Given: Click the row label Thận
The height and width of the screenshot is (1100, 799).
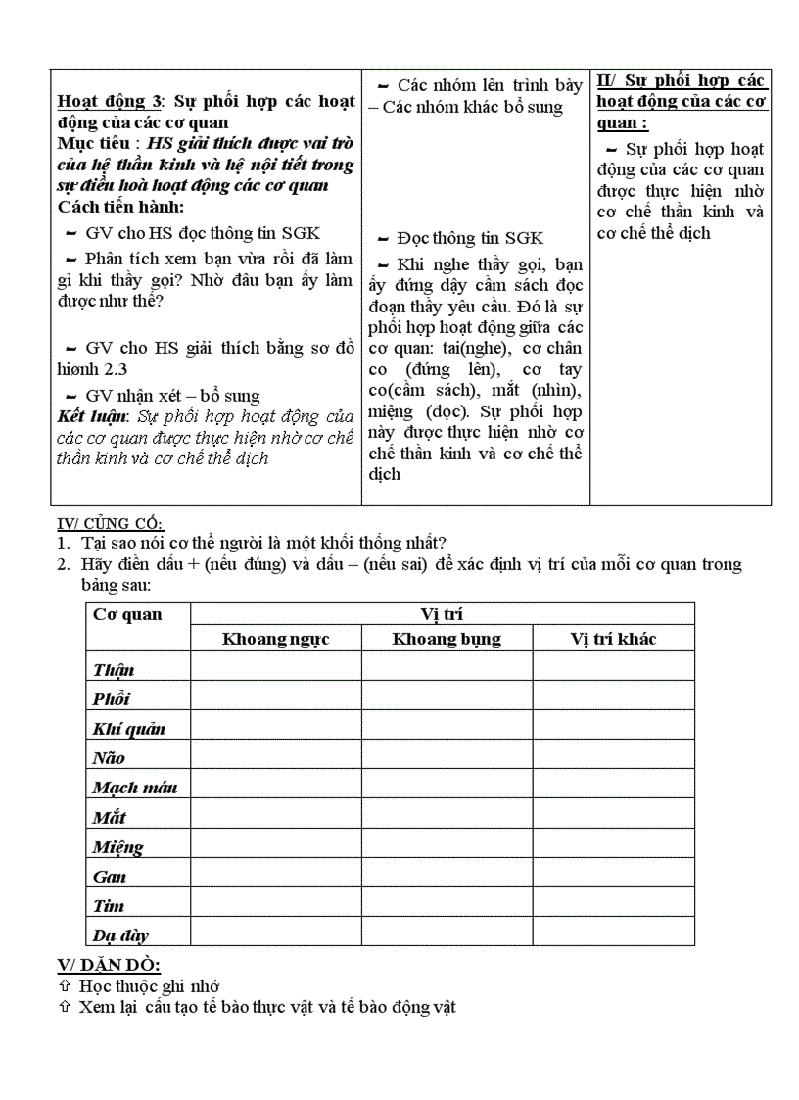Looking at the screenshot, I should coord(114,670).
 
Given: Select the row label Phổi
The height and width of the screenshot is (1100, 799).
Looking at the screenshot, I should coord(112,699).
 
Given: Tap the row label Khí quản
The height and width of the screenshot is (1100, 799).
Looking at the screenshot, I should coord(128,729).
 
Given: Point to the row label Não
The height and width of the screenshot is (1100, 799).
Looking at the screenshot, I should coord(109,758).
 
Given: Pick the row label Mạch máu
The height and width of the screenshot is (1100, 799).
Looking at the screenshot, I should coord(134,788).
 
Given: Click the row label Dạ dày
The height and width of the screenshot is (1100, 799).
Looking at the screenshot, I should coord(120,935).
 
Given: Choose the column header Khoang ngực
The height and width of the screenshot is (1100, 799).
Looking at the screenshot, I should coord(275,639).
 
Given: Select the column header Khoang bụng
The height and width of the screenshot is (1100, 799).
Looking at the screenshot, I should coord(446,639).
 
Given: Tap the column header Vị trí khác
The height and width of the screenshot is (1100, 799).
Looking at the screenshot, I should coord(613,639).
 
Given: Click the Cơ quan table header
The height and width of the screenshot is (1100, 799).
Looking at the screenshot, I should coord(127,615).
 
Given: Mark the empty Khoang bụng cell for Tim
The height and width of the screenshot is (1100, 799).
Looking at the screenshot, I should coord(446,905).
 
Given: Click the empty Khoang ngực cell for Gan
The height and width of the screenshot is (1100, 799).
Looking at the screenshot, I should coord(275,876).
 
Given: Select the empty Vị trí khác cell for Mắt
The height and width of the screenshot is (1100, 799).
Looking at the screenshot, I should coord(613,817).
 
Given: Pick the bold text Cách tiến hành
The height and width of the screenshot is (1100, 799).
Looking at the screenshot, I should coord(120,207).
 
